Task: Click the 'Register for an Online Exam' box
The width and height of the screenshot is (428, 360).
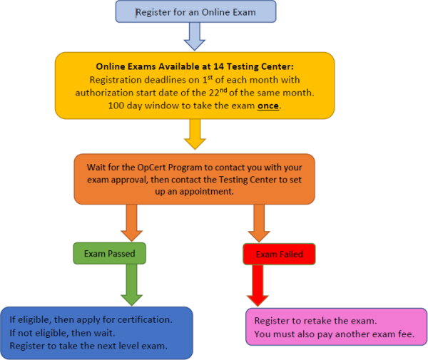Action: [x=195, y=11]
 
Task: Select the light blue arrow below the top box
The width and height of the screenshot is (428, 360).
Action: [x=195, y=35]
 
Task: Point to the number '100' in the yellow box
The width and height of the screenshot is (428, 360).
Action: [x=117, y=106]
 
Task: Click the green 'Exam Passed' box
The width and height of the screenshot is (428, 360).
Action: [x=109, y=252]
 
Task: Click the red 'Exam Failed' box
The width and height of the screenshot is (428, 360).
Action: [x=279, y=254]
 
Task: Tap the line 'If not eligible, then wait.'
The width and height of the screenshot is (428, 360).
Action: [x=65, y=332]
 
